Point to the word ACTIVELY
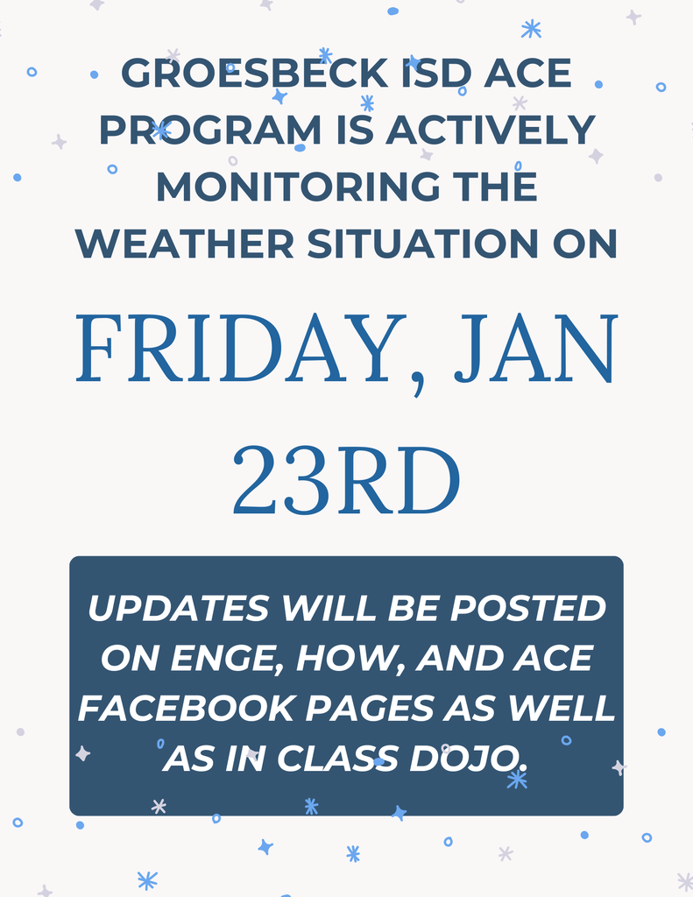[491, 131]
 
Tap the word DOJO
[483, 759]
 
